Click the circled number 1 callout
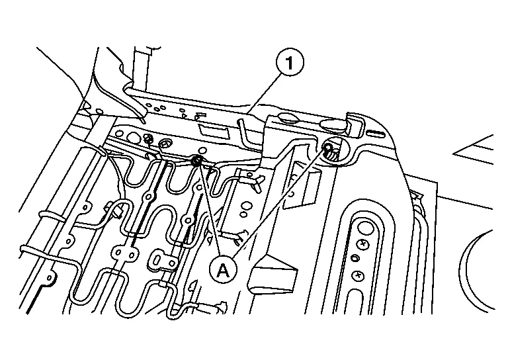tap(290, 62)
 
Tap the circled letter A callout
tap(222, 269)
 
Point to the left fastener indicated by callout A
tap(196, 160)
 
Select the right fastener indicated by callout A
tap(327, 148)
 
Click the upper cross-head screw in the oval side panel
tap(364, 244)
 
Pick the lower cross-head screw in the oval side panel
tap(358, 276)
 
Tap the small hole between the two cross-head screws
tap(355, 258)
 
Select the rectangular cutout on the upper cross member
tap(213, 130)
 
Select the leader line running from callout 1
tap(263, 94)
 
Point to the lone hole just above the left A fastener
tap(203, 150)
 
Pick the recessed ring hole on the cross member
tap(167, 144)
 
